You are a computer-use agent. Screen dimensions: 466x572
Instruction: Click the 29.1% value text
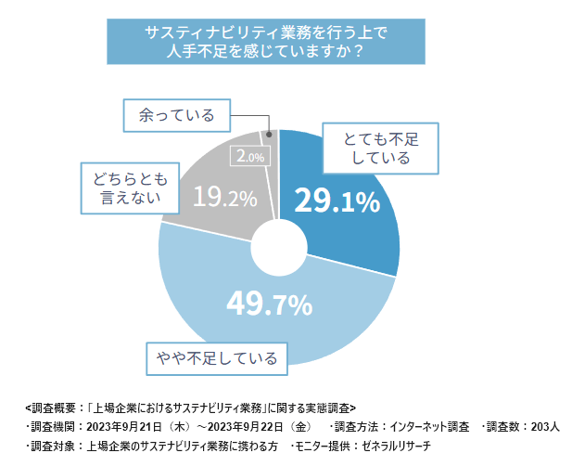(336, 201)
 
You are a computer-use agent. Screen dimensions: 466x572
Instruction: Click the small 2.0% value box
(250, 157)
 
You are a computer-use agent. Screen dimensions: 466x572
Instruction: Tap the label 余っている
(176, 115)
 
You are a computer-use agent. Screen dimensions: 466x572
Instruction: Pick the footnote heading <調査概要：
(55, 408)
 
